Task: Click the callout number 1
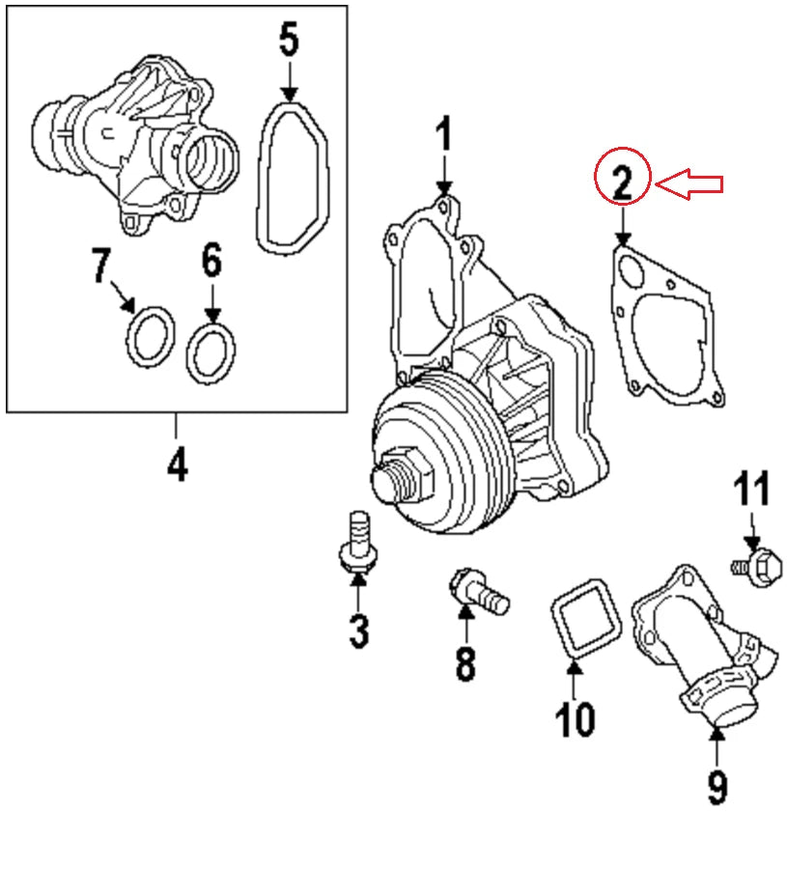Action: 443,136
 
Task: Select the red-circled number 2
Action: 623,181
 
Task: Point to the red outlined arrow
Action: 690,182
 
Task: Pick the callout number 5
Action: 289,40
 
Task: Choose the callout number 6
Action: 211,261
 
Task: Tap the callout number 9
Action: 717,787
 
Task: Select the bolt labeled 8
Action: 478,591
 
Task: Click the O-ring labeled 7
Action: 151,336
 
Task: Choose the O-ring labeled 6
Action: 211,352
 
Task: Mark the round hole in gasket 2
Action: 632,270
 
